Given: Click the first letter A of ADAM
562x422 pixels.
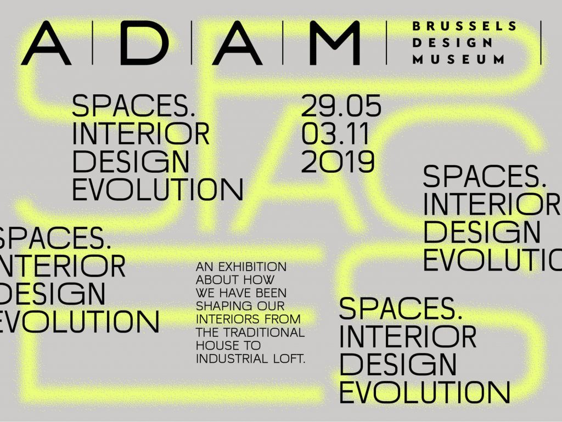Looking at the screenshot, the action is [x=46, y=43].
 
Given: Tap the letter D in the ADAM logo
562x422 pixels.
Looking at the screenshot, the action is [x=144, y=43].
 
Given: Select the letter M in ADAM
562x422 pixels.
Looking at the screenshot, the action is [x=334, y=43].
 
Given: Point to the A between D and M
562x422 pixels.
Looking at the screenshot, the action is [x=238, y=43].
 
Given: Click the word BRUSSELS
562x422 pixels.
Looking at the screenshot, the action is [x=464, y=26].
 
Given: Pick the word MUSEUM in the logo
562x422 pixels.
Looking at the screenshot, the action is [x=458, y=59].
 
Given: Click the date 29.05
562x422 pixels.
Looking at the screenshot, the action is [x=341, y=106].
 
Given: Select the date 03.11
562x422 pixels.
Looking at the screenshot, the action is [x=335, y=133].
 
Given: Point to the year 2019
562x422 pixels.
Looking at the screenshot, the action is [x=338, y=161].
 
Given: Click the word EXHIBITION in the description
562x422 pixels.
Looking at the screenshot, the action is [x=252, y=267].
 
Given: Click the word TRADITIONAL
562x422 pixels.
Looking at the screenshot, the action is [x=264, y=333].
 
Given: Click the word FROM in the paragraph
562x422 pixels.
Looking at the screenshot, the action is [x=283, y=319].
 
